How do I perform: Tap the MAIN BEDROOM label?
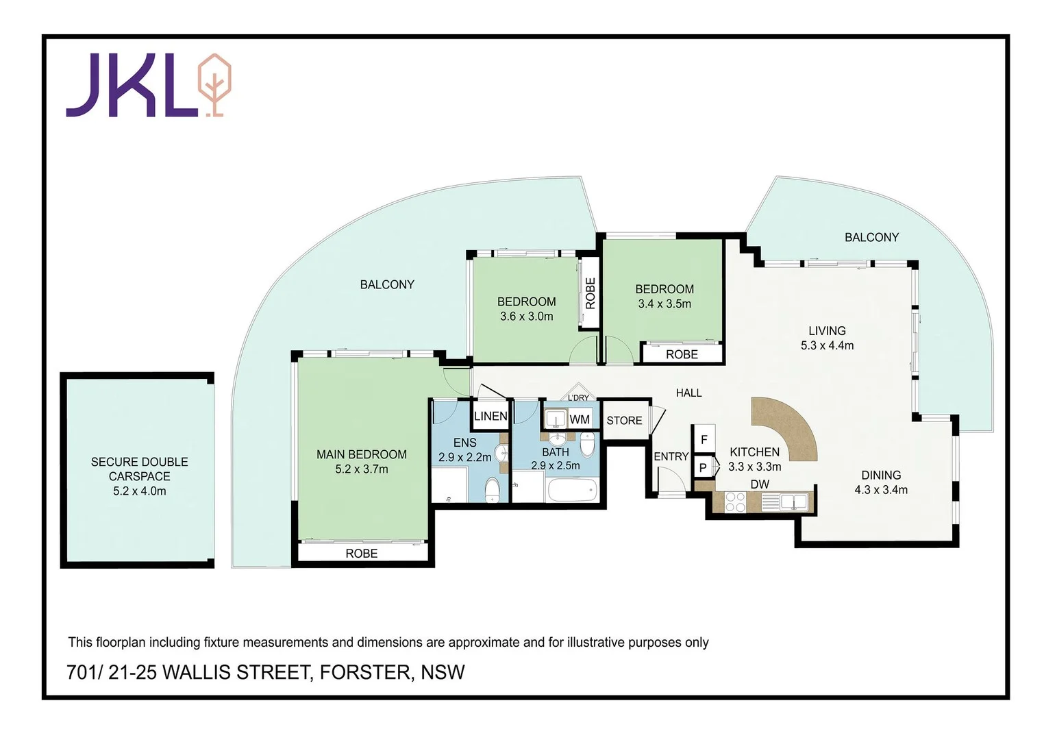tap(361, 454)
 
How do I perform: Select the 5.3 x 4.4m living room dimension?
tap(827, 345)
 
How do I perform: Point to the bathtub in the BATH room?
tap(572, 491)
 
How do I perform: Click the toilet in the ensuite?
tap(492, 491)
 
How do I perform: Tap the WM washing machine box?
tap(580, 419)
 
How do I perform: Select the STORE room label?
tap(624, 421)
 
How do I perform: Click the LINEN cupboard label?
tap(490, 416)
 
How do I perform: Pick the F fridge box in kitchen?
tap(704, 440)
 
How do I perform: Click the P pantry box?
tap(703, 468)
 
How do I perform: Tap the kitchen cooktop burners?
tap(735, 503)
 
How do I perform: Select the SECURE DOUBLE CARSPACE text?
tap(139, 469)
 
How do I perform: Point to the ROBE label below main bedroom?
tap(361, 554)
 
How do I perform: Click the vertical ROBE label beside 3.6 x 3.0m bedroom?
tap(591, 293)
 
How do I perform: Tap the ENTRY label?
tap(671, 456)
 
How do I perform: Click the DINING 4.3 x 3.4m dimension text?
tap(880, 490)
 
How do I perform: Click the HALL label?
tap(688, 393)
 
